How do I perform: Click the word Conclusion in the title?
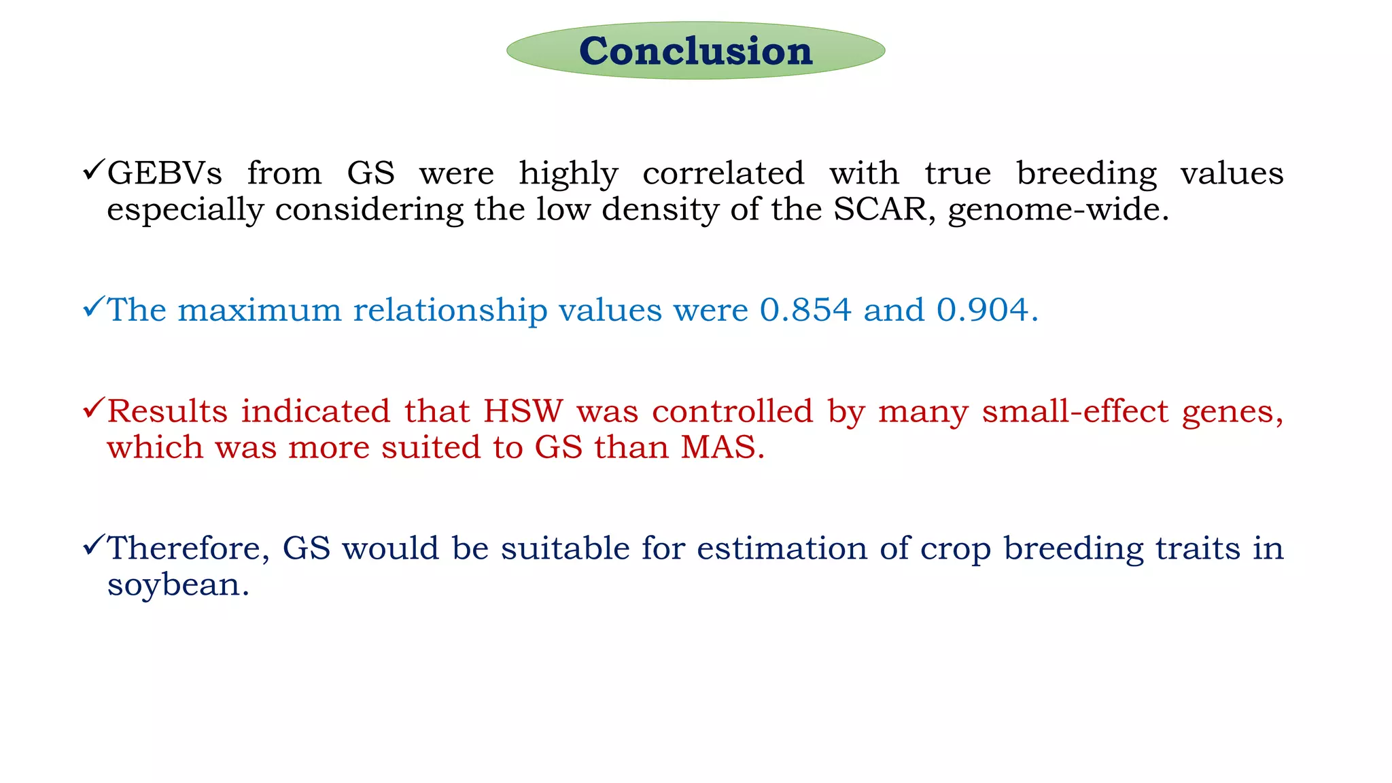click(x=695, y=51)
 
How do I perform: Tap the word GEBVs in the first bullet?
click(x=164, y=173)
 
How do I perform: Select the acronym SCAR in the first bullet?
click(x=880, y=209)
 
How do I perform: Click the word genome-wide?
click(x=1058, y=210)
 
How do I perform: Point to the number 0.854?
click(x=805, y=310)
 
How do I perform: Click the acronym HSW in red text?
click(x=523, y=411)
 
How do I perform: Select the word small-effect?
click(x=1075, y=411)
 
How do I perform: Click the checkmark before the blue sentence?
click(x=93, y=307)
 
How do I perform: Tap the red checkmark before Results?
click(x=93, y=408)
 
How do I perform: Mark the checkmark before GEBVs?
click(x=93, y=169)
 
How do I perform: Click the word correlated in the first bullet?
click(x=723, y=173)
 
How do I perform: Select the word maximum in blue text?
click(x=259, y=310)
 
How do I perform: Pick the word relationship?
click(x=450, y=311)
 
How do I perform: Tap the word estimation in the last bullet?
click(x=782, y=549)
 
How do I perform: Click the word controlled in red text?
click(x=732, y=411)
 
